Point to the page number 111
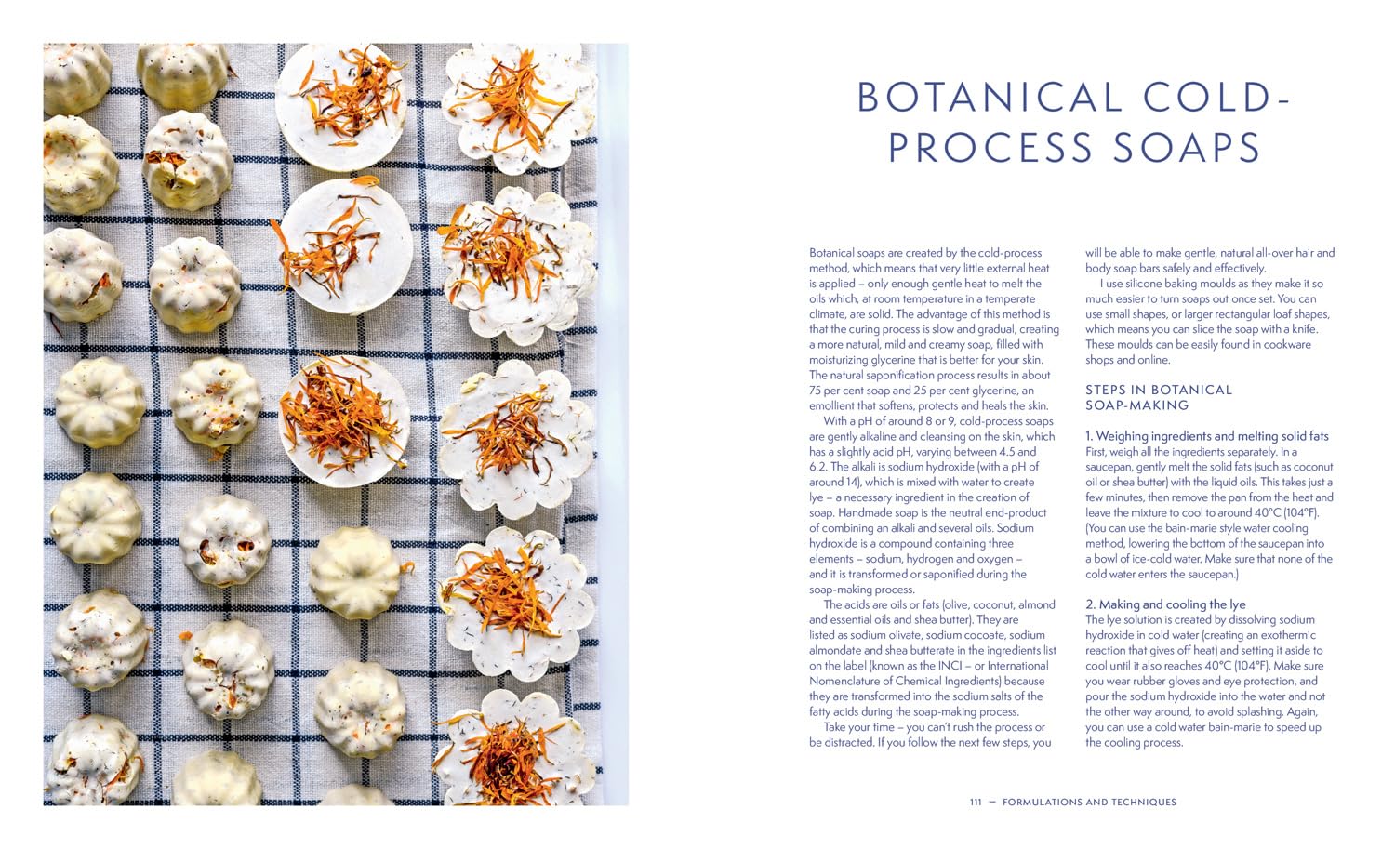(x=976, y=803)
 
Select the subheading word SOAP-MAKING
(x=1137, y=405)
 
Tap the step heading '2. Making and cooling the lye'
(x=1165, y=604)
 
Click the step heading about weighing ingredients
(x=1207, y=436)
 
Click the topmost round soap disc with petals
(x=341, y=107)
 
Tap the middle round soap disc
(x=344, y=245)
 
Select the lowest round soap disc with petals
(x=343, y=421)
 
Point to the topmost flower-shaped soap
(x=518, y=107)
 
